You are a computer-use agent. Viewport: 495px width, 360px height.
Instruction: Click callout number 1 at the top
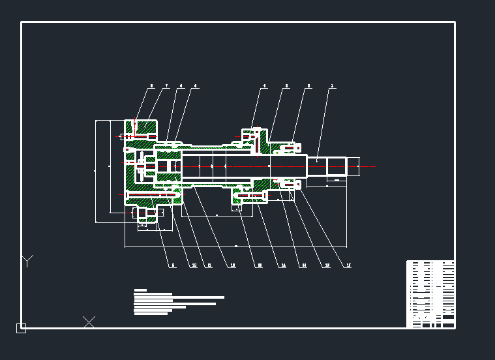[x=332, y=85]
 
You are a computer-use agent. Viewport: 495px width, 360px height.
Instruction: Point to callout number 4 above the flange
[x=264, y=85]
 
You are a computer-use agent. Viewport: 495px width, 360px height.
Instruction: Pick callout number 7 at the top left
[x=166, y=85]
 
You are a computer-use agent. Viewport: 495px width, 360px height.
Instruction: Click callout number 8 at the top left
[x=151, y=85]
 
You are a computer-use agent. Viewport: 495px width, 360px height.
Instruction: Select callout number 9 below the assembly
[x=173, y=265]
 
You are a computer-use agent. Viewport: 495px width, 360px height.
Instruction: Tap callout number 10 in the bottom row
[x=193, y=265]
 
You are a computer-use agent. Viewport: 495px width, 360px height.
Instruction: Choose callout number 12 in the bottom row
[x=232, y=265]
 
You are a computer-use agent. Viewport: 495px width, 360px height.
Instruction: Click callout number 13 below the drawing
[x=259, y=265]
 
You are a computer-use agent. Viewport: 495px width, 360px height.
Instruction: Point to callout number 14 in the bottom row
[x=283, y=265]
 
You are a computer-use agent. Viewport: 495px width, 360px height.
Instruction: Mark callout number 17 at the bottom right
[x=348, y=265]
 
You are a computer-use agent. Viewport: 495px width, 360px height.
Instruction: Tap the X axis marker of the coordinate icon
[x=89, y=322]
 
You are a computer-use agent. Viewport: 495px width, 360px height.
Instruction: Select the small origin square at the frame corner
[x=21, y=328]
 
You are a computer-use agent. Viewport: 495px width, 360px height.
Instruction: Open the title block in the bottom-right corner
[x=430, y=294]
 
